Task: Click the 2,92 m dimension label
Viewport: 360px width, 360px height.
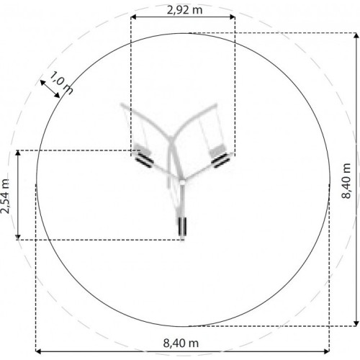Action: (184, 10)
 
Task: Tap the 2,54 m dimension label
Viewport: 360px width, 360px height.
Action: (5, 197)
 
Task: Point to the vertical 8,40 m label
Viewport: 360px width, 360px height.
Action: (346, 181)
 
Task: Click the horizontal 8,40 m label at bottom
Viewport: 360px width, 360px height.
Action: (181, 343)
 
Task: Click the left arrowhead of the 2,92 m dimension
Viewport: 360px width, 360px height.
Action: (134, 17)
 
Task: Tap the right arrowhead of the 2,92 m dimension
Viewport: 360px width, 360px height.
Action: (233, 17)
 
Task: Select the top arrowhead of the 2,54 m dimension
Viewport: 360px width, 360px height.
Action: (18, 153)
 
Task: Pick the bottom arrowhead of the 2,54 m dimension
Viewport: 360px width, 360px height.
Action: (18, 237)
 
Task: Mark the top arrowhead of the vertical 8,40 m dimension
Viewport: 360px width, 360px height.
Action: (356, 35)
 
